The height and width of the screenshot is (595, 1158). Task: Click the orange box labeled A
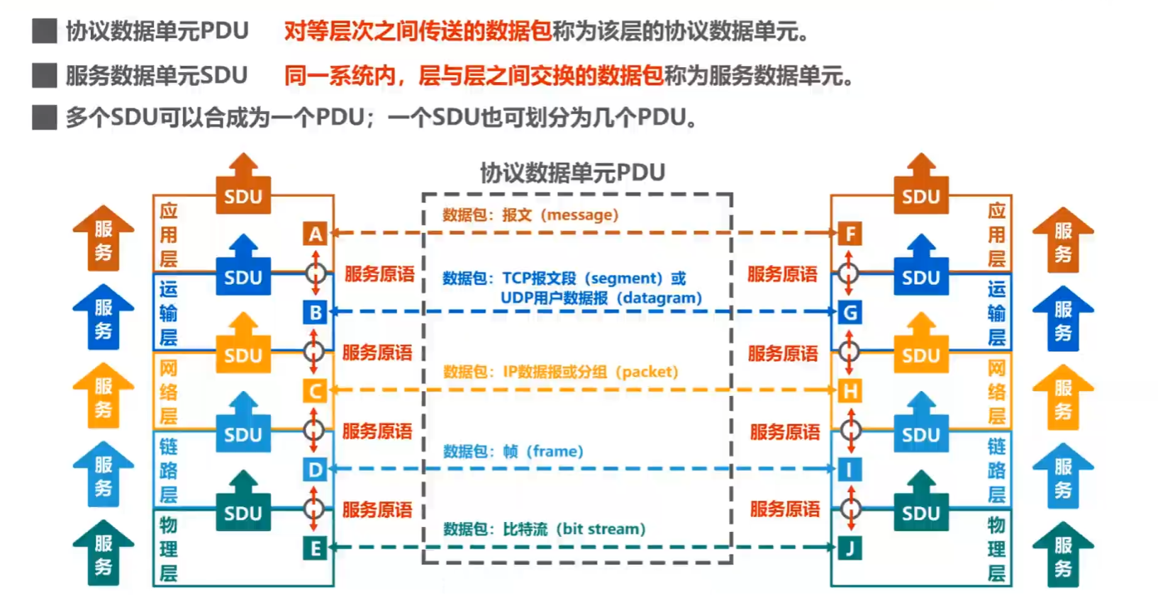316,234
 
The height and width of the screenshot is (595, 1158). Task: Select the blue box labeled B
316,312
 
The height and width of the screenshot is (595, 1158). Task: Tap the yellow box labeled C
316,391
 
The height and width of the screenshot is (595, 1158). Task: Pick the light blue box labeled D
316,470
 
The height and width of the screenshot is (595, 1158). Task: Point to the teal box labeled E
316,548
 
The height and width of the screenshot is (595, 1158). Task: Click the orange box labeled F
850,234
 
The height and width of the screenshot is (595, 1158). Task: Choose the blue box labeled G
850,312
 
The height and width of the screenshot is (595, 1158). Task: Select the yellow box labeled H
850,391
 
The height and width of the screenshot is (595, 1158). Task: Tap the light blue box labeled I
850,470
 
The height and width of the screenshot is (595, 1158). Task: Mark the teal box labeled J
850,548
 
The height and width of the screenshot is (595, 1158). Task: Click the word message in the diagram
579,215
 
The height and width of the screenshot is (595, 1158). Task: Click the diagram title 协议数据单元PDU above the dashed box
572,173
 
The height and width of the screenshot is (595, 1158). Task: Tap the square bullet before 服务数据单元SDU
45,75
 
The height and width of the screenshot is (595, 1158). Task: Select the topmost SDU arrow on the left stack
243,186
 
